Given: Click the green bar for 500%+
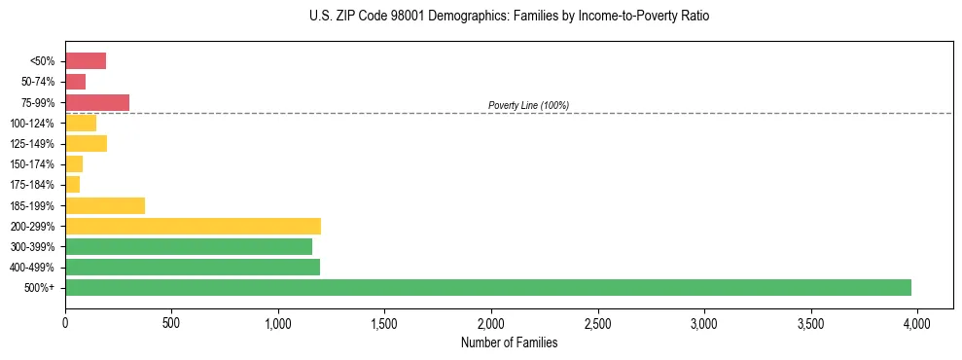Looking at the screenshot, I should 488,288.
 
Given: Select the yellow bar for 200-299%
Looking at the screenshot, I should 193,226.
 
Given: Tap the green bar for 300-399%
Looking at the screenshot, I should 189,247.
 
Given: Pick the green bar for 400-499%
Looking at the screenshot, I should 193,268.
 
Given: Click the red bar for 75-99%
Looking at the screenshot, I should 97,102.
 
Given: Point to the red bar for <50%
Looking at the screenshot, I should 86,61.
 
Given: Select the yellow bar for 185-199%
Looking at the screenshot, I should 105,205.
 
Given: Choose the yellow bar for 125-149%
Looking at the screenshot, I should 86,144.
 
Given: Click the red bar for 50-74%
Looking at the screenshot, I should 76,82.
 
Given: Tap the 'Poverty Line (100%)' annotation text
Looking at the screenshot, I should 528,105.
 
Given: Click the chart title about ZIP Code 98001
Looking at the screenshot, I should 510,17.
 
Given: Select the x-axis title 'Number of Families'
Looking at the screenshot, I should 510,342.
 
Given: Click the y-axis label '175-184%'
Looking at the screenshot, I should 32,185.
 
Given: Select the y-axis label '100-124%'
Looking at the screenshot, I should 32,124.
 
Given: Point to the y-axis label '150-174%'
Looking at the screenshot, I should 32,164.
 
